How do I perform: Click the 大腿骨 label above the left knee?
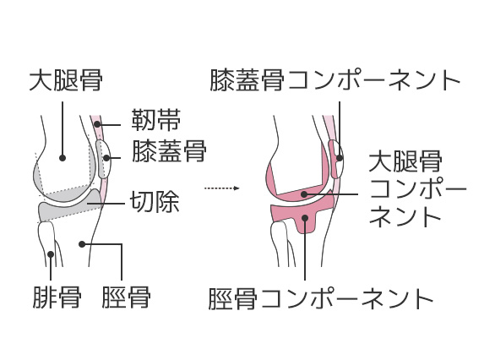pyautogui.click(x=66, y=80)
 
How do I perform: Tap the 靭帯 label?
pyautogui.click(x=156, y=120)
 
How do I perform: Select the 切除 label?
pyautogui.click(x=155, y=201)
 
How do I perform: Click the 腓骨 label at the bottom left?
pyautogui.click(x=57, y=297)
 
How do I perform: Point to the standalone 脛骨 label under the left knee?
pyautogui.click(x=126, y=297)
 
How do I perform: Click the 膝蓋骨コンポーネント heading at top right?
pyautogui.click(x=335, y=80)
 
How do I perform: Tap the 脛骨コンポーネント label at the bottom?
pyautogui.click(x=321, y=298)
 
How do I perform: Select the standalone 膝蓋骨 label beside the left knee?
pyautogui.click(x=169, y=151)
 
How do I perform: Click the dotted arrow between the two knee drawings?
pyautogui.click(x=222, y=188)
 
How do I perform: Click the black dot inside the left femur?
pyautogui.click(x=63, y=157)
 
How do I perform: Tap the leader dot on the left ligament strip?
pyautogui.click(x=97, y=124)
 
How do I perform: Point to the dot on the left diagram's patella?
pyautogui.click(x=106, y=157)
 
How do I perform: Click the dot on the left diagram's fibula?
pyautogui.click(x=51, y=254)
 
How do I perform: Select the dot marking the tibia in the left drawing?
pyautogui.click(x=82, y=244)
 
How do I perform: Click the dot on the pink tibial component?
pyautogui.click(x=305, y=217)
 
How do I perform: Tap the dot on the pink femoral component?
pyautogui.click(x=304, y=194)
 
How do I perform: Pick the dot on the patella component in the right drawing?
pyautogui.click(x=340, y=157)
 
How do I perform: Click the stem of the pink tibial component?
pyautogui.click(x=305, y=224)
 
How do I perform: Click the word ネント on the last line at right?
pyautogui.click(x=405, y=216)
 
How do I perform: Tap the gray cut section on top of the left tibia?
pyautogui.click(x=70, y=207)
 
